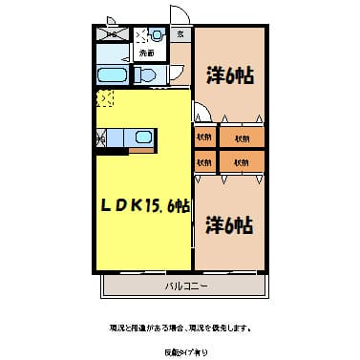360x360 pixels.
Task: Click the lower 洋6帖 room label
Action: click(x=229, y=225)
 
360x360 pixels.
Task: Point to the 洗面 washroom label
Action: click(x=146, y=53)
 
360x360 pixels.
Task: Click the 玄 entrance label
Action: click(x=181, y=34)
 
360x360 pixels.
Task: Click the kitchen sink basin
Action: click(x=143, y=138)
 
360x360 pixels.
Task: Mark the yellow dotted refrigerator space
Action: click(x=103, y=98)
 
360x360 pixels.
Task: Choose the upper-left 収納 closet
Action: click(x=204, y=138)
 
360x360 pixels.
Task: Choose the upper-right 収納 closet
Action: click(x=241, y=138)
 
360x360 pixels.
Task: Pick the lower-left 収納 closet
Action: click(x=204, y=161)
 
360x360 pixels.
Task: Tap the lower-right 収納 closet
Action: click(x=241, y=161)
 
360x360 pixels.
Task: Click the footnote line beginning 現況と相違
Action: click(x=180, y=328)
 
